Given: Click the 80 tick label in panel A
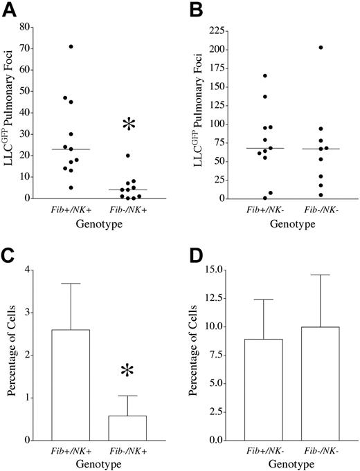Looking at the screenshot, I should (33, 27).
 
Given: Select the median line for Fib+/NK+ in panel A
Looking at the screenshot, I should (71, 149).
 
